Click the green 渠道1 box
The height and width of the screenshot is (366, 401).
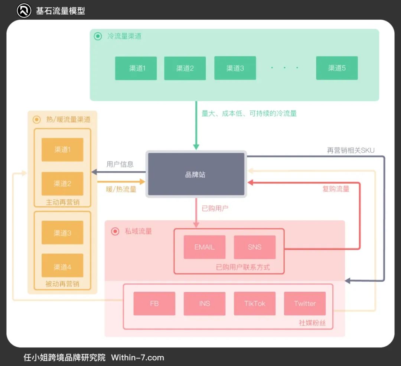(x=136, y=68)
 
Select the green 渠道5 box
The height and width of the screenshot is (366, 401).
(x=337, y=68)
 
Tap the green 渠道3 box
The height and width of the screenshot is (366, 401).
(x=235, y=68)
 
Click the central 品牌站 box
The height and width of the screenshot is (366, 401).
(x=196, y=174)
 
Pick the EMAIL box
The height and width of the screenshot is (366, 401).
(x=204, y=247)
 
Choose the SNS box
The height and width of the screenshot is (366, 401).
(x=255, y=247)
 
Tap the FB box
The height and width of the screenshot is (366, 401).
(x=154, y=304)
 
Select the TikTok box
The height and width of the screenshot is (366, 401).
(x=255, y=304)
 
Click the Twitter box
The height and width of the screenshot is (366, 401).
(x=305, y=304)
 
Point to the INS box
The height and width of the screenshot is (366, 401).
(x=204, y=304)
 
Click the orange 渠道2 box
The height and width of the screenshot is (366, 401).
(x=62, y=184)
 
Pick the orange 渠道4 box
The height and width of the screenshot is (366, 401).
(x=62, y=267)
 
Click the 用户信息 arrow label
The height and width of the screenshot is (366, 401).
(x=120, y=164)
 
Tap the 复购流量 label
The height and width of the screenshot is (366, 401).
(x=336, y=189)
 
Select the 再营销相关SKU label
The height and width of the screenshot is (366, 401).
(x=351, y=150)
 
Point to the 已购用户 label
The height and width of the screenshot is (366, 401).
(x=215, y=208)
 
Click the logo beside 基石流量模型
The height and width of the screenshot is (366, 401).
(x=24, y=10)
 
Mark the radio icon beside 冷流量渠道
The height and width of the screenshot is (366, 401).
(x=98, y=36)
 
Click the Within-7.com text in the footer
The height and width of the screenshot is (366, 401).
(x=137, y=358)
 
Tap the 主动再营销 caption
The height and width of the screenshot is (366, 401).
(x=62, y=203)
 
